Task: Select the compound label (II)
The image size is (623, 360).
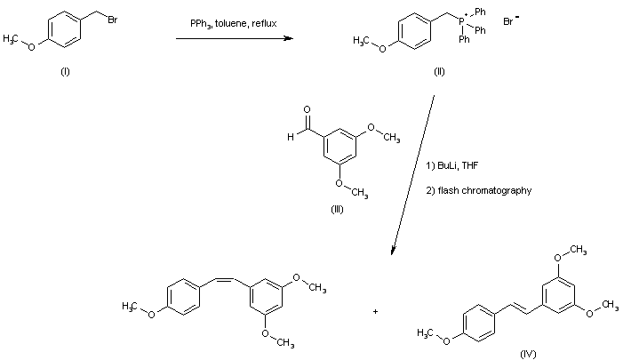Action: (439, 72)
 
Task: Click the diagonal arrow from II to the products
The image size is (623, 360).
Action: (414, 169)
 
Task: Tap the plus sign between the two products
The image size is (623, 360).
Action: (376, 311)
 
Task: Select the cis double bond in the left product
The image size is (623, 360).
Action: (219, 279)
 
